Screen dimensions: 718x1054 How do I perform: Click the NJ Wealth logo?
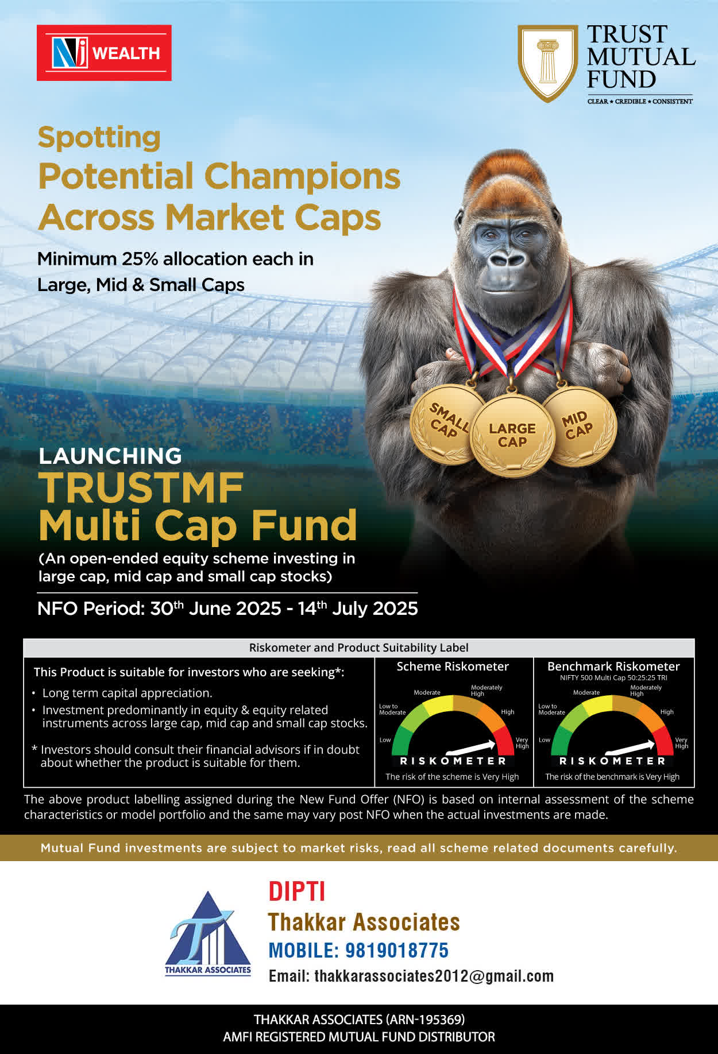tap(104, 53)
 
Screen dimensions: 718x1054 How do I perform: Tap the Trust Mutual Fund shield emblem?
tap(548, 63)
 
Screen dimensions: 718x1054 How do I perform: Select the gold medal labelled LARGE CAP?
tap(512, 435)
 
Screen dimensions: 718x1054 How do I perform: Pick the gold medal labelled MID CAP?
tap(579, 425)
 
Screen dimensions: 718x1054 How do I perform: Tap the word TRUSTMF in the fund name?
tap(141, 488)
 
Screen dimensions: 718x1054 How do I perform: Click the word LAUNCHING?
tap(110, 456)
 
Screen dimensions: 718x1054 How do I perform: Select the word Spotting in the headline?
tap(99, 138)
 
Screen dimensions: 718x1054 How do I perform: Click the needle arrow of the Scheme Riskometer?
tap(471, 748)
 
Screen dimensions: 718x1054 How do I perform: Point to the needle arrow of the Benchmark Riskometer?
tap(630, 748)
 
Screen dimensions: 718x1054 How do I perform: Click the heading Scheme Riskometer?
tap(453, 666)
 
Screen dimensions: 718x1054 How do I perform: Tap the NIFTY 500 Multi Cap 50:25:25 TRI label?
tap(613, 678)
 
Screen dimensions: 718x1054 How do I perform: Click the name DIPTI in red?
tap(297, 892)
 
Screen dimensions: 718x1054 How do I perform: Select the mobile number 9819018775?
tap(396, 950)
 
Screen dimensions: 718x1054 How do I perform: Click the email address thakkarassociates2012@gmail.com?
tap(434, 976)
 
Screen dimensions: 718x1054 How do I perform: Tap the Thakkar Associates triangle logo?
tap(208, 933)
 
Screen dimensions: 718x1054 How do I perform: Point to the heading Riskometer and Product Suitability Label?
tap(359, 648)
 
